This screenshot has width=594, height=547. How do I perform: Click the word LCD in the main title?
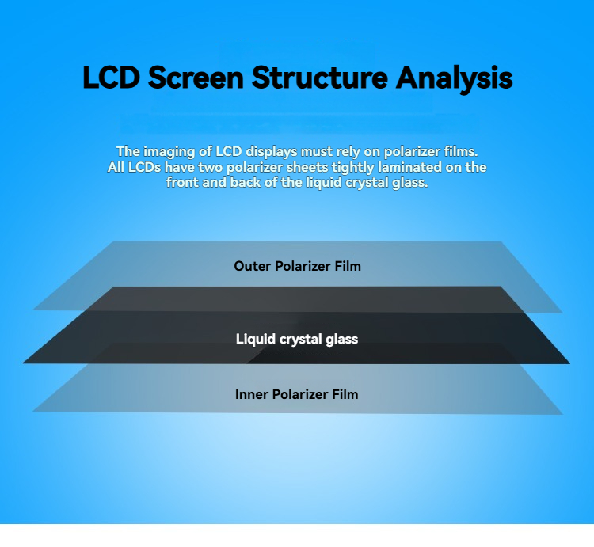[x=112, y=78]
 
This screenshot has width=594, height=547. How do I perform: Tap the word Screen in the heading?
[x=196, y=78]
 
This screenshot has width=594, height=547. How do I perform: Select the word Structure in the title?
[x=320, y=78]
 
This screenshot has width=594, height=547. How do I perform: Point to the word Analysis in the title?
[x=455, y=78]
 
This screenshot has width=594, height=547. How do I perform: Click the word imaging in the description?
[x=170, y=152]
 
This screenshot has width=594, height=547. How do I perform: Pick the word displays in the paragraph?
[x=271, y=152]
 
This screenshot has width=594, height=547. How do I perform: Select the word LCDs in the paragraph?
[x=144, y=167]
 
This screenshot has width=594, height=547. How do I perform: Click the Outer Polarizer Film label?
[x=297, y=266]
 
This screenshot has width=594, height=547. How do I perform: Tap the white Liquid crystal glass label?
[x=297, y=339]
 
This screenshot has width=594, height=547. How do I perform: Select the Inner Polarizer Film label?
[x=297, y=394]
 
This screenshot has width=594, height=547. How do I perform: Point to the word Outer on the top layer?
[x=253, y=266]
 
